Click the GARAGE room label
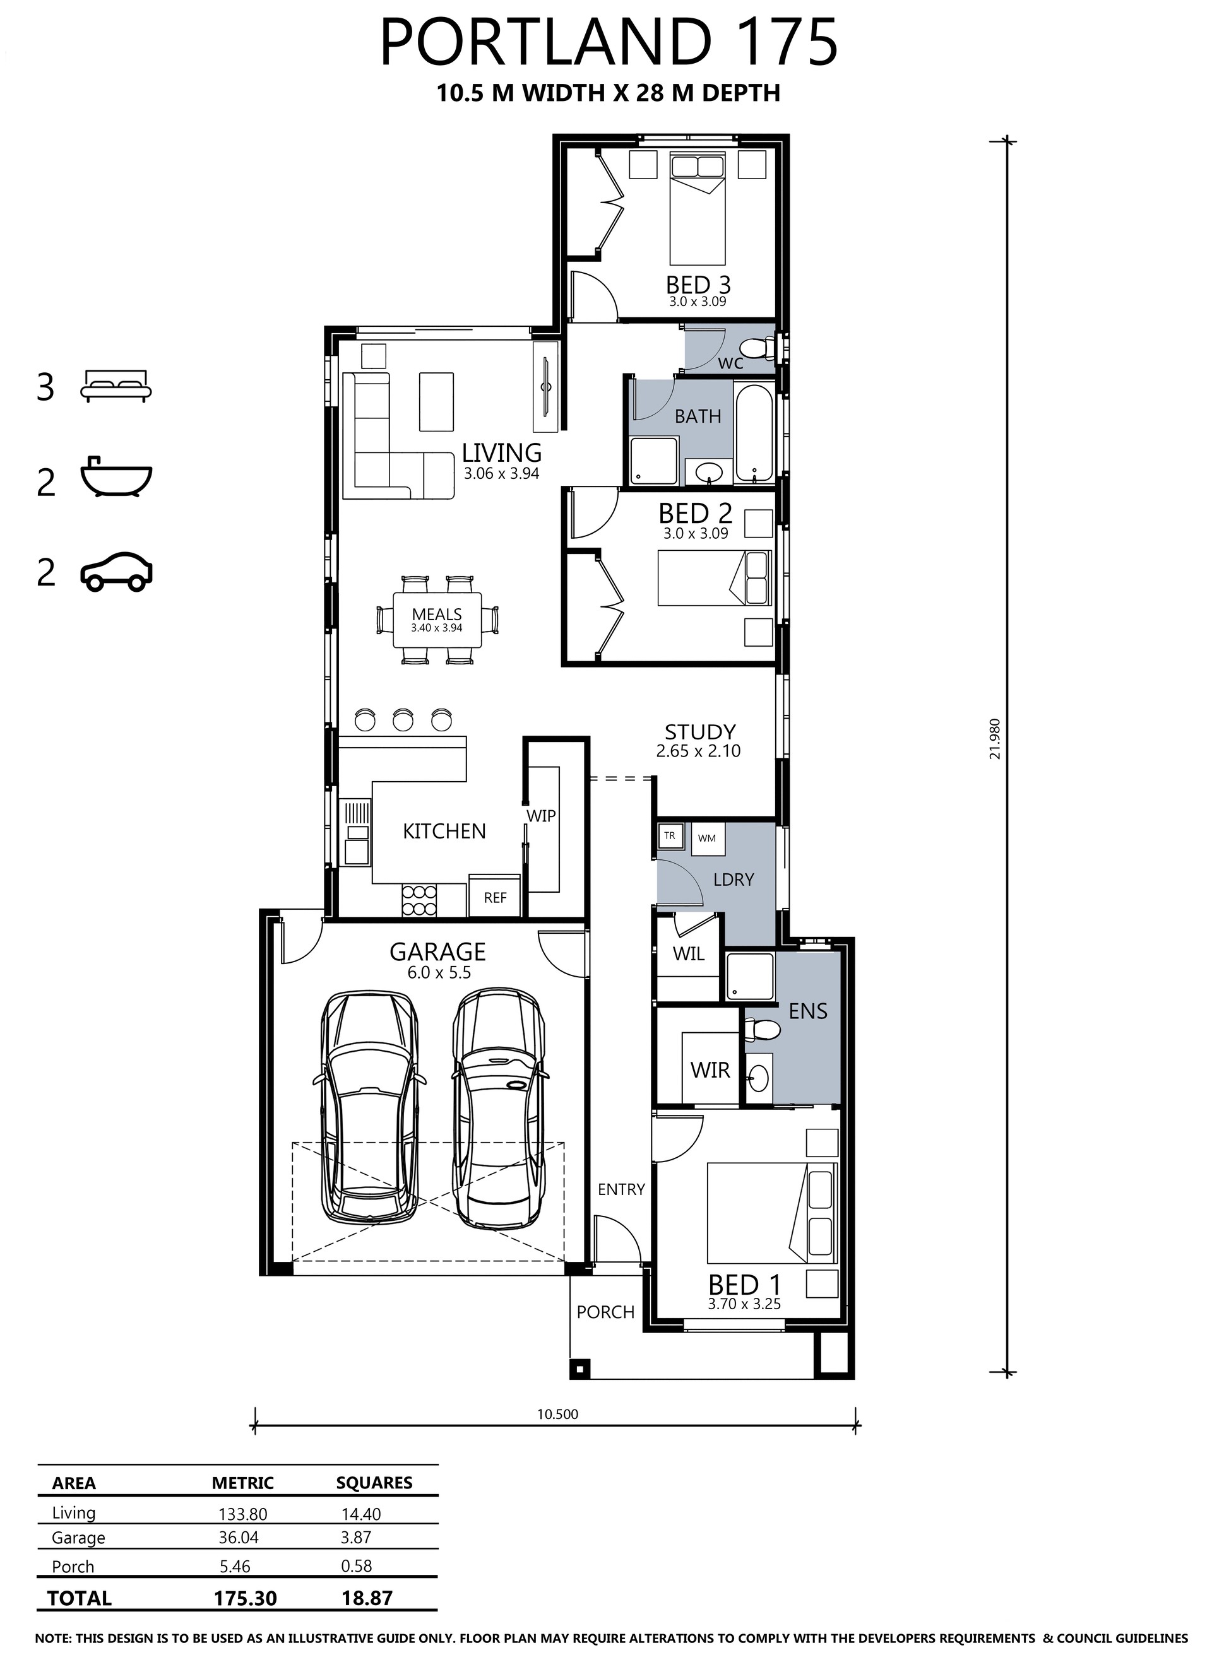pos(437,951)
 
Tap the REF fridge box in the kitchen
pos(496,895)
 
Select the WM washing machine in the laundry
pos(707,838)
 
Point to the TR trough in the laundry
pos(670,836)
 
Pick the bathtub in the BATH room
pos(754,433)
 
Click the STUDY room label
pos(700,733)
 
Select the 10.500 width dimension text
pos(557,1415)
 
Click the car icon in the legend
pos(116,572)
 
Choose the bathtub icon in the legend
pos(116,478)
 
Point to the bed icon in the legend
pos(116,386)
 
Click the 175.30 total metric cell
pos(245,1598)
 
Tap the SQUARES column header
pos(374,1483)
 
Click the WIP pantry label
pos(541,815)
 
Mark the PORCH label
pos(605,1312)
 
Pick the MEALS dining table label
pos(437,615)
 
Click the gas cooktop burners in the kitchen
pos(419,900)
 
